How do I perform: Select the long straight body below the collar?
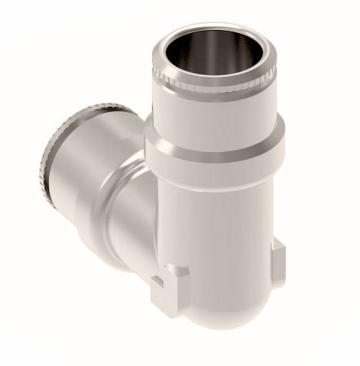click(x=223, y=230)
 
